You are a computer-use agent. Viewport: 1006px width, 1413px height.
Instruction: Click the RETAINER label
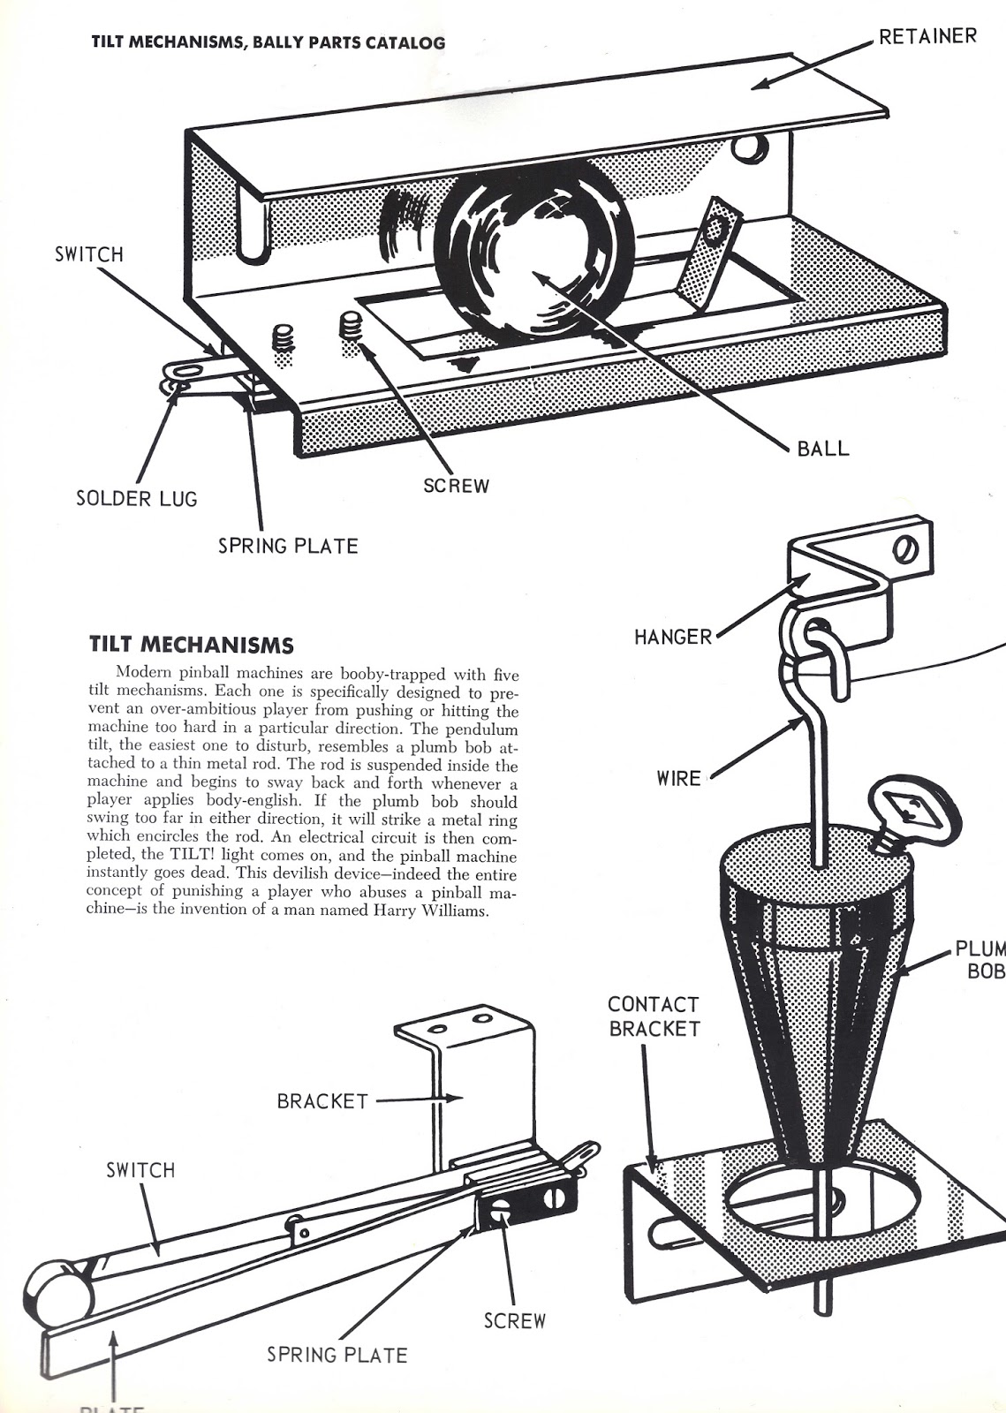(x=927, y=36)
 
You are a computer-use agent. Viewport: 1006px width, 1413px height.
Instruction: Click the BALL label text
(x=822, y=448)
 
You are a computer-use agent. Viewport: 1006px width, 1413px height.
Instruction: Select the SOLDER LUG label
(x=137, y=499)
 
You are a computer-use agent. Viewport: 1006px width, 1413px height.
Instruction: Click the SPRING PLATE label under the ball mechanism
(x=288, y=546)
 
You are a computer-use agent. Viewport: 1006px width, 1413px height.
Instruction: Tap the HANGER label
(x=673, y=636)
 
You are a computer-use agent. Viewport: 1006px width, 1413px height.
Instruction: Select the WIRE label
(x=678, y=778)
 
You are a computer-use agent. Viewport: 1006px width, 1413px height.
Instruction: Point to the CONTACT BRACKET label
(x=654, y=1016)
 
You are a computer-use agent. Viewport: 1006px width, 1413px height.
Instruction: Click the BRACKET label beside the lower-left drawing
(x=322, y=1101)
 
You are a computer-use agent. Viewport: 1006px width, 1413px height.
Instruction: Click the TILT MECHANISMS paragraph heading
(x=192, y=644)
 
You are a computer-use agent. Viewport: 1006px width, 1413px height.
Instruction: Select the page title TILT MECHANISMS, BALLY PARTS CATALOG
(x=269, y=42)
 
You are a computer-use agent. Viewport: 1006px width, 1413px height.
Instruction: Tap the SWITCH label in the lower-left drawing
(x=140, y=1170)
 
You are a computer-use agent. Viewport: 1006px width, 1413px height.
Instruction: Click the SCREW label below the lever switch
(x=515, y=1321)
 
